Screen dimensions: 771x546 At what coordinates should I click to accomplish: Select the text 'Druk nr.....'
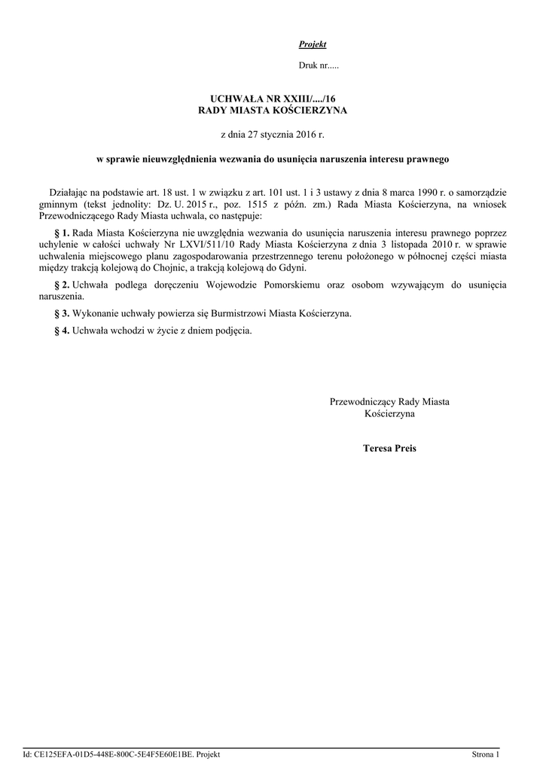pos(319,66)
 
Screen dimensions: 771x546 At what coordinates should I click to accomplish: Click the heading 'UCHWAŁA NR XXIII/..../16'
pos(273,99)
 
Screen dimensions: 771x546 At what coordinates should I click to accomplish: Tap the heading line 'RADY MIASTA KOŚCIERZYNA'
pos(273,111)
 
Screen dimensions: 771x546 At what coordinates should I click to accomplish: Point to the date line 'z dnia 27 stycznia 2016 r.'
pos(273,135)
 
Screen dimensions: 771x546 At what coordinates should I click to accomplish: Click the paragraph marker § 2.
pos(63,285)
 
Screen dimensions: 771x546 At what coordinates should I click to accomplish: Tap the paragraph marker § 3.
pos(63,313)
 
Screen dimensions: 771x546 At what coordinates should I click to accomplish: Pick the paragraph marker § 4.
pos(63,330)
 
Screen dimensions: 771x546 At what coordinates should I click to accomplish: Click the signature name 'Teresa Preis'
pos(389,448)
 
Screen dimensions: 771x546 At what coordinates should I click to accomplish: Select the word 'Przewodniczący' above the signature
pos(363,402)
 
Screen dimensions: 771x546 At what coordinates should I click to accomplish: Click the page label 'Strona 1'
pos(485,754)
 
